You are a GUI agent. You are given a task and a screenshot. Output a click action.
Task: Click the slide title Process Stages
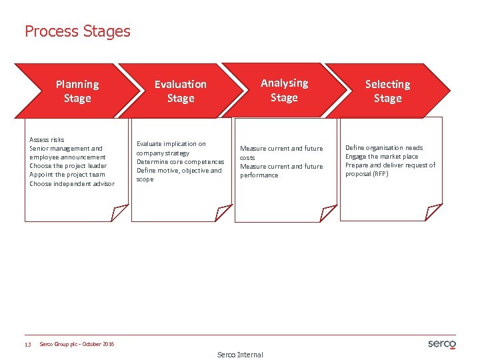click(77, 31)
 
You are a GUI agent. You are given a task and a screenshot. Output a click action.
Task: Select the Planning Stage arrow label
click(77, 91)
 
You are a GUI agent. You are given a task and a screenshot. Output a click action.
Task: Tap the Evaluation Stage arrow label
click(181, 91)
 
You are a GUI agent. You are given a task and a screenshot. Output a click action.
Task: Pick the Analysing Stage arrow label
click(284, 90)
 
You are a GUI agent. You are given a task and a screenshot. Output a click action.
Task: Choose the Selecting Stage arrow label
click(387, 91)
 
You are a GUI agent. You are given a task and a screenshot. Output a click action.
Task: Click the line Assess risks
click(47, 140)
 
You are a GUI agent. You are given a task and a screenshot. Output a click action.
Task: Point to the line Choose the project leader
click(68, 166)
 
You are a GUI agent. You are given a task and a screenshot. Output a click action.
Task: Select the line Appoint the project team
click(67, 175)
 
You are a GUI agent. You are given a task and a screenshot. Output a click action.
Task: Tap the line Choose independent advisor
click(72, 183)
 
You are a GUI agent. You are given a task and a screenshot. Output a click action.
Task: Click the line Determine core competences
click(180, 161)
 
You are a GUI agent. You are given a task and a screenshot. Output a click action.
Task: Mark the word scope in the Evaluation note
click(145, 179)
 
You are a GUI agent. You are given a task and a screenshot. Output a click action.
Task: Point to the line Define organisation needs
click(384, 148)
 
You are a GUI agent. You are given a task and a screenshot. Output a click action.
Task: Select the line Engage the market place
click(382, 157)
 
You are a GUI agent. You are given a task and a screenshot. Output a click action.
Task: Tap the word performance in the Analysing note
click(259, 175)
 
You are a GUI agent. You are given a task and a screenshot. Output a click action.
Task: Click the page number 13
click(27, 345)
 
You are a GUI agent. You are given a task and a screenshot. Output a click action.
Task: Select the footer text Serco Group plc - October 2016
click(77, 344)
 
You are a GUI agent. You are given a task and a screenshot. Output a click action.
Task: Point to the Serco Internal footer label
click(240, 355)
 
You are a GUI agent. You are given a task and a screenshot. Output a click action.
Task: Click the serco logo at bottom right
click(441, 344)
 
